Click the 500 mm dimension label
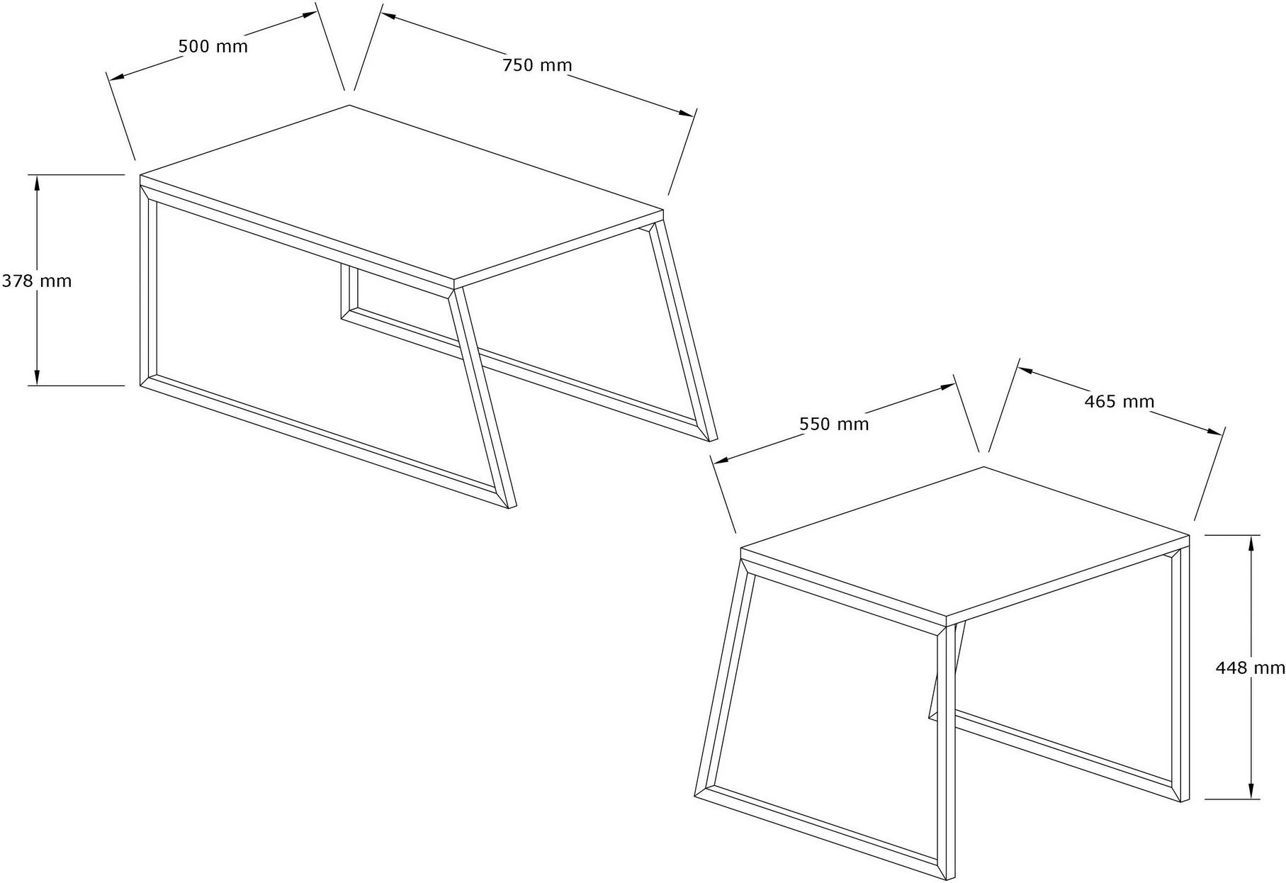point(213,47)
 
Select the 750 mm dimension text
point(537,65)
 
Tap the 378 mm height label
point(36,281)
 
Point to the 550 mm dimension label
point(834,424)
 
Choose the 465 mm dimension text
point(1119,402)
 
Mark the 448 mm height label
point(1250,668)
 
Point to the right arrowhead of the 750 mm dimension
point(686,112)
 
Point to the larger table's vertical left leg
point(148,286)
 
